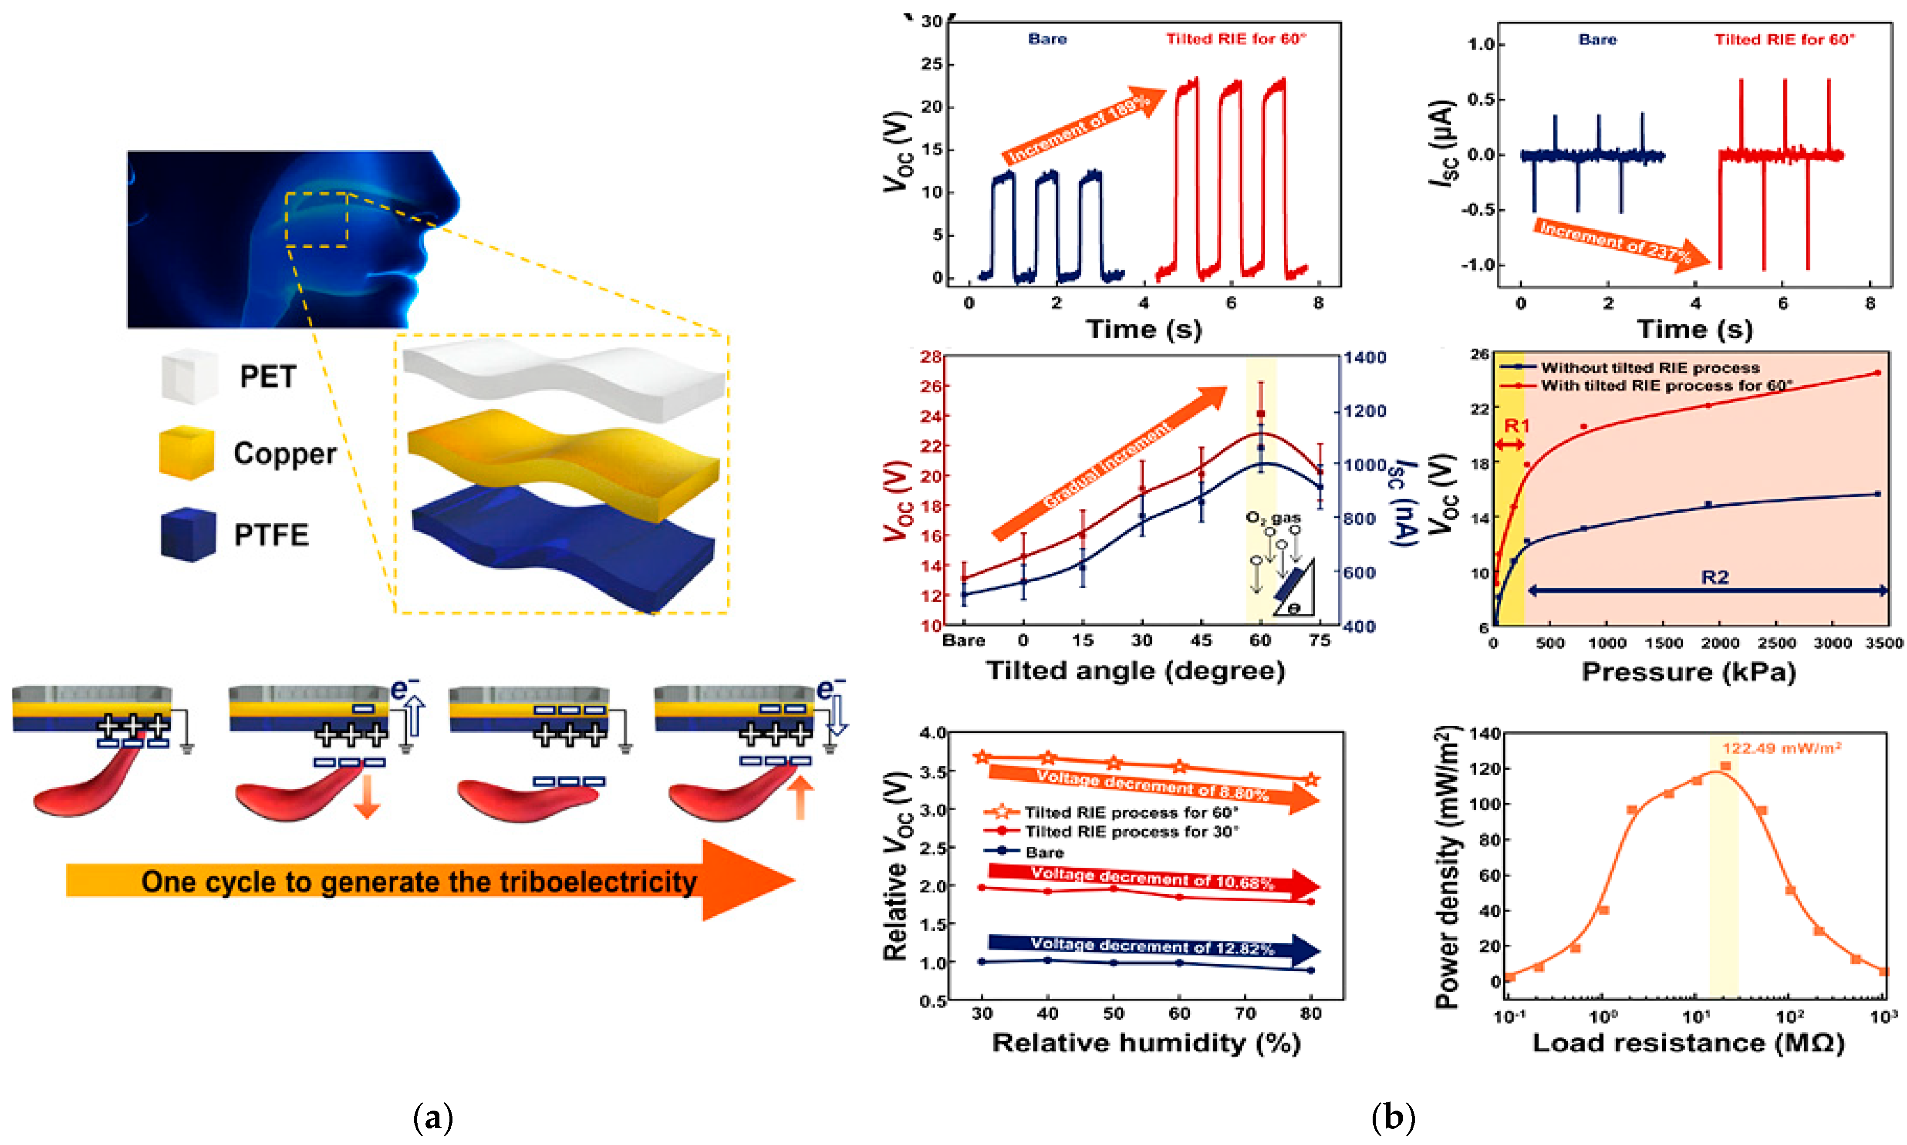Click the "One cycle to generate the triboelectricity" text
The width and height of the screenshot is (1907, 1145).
point(419,881)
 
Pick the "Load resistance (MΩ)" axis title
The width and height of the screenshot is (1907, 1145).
point(1688,1043)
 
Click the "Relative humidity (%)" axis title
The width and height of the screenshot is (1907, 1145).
point(1146,1043)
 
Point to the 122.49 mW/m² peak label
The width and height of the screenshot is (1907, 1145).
point(1781,748)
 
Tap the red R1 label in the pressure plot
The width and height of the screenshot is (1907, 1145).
point(1516,426)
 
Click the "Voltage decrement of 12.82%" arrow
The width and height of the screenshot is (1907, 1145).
point(1154,947)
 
